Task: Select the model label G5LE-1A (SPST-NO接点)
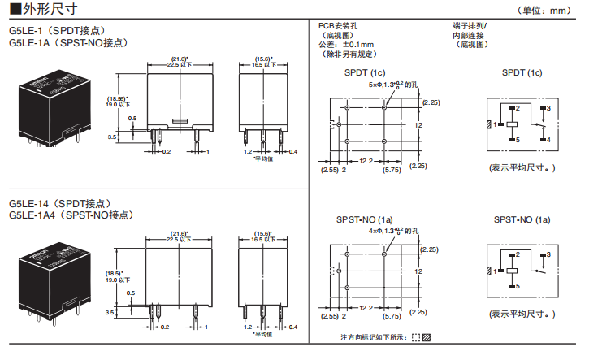pos(68,42)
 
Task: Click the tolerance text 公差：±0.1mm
pos(346,44)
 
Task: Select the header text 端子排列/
pos(470,26)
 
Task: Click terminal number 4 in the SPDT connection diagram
pos(548,140)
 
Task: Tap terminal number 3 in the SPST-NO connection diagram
pos(548,255)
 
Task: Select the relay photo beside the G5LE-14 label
pos(50,274)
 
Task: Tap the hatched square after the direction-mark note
pos(427,337)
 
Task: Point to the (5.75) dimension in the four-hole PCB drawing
pos(392,316)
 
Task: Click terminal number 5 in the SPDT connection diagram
pos(517,140)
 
